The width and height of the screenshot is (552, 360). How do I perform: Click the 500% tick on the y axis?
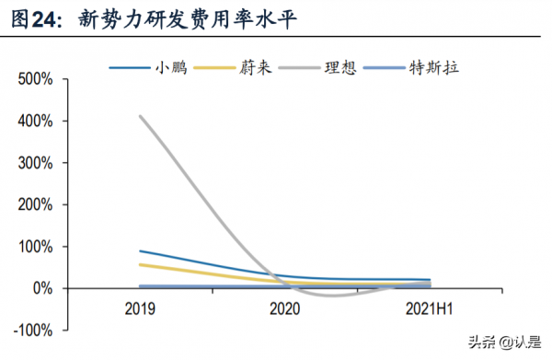[37, 79]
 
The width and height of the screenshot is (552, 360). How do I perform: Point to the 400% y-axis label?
[37, 121]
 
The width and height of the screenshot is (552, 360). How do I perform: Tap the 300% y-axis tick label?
[37, 163]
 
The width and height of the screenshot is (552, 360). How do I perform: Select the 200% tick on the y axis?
[37, 204]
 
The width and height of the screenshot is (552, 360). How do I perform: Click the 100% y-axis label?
[37, 247]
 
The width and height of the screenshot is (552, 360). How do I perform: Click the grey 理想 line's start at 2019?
[140, 116]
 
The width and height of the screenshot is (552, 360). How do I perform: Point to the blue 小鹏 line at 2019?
[140, 250]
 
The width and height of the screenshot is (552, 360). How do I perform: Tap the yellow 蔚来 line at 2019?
[140, 264]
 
